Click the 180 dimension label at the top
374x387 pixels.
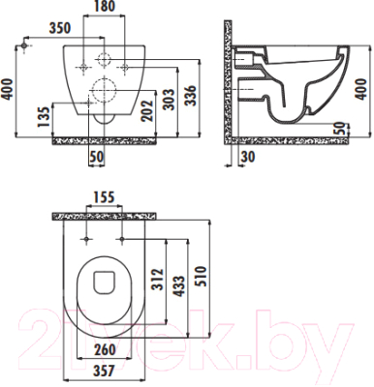click(104, 6)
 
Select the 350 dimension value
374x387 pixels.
click(59, 28)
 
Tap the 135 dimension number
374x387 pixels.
click(44, 117)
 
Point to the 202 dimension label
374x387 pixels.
click(147, 110)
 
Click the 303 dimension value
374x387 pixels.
click(169, 99)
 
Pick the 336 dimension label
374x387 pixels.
click(190, 96)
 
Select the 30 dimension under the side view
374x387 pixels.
click(248, 157)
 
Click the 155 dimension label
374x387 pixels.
click(104, 197)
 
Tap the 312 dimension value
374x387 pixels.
click(158, 280)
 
